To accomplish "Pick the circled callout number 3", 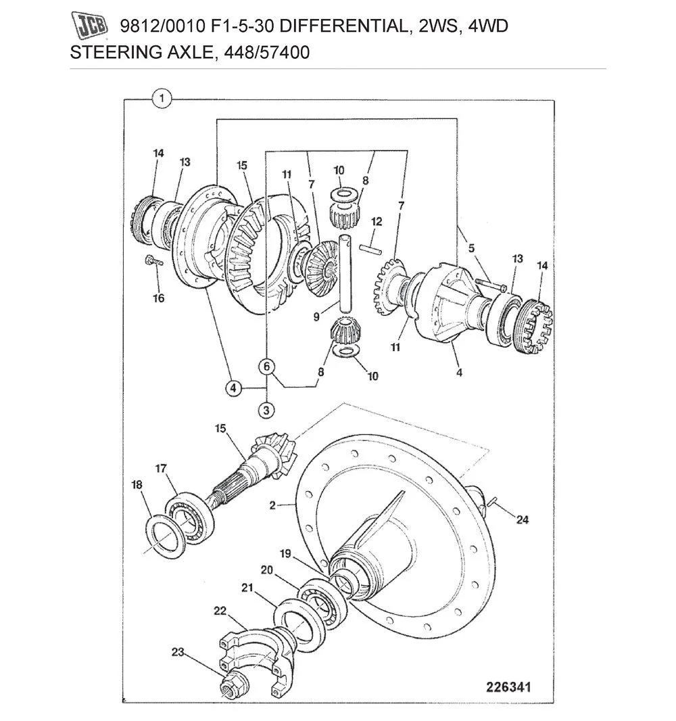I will [266, 409].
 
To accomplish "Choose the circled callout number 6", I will [267, 367].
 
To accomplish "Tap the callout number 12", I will [377, 221].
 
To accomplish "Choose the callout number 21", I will [247, 588].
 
